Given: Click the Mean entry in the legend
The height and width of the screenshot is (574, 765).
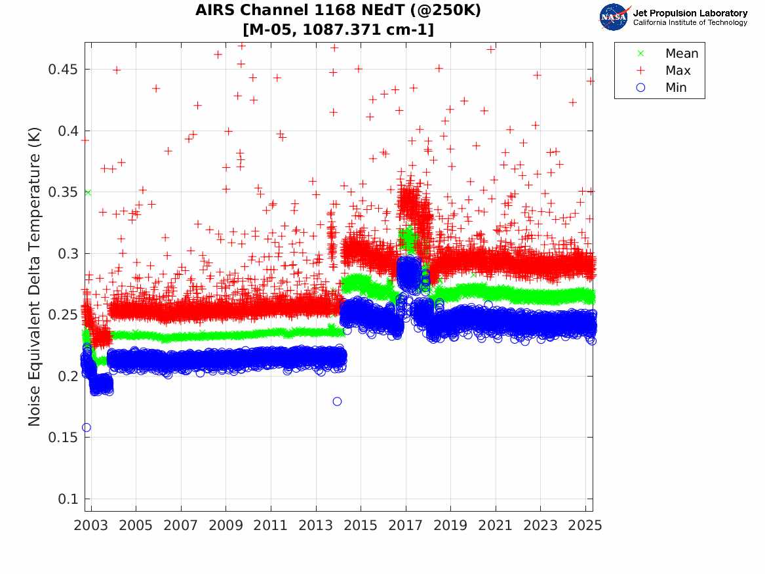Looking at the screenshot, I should click(x=681, y=53).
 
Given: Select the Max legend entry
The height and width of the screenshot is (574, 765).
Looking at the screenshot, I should click(x=677, y=70).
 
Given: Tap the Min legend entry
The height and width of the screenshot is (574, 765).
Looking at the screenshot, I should click(x=676, y=87).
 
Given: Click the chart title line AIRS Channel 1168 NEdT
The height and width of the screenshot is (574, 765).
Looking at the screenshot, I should click(x=338, y=11).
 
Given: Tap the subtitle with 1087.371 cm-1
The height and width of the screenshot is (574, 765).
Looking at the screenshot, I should click(x=338, y=30).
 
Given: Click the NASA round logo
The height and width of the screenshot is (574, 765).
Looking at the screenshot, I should click(x=614, y=17).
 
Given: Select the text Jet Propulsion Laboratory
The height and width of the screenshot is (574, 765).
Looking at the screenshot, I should click(x=690, y=12).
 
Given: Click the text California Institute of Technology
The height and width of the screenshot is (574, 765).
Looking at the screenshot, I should click(x=690, y=23).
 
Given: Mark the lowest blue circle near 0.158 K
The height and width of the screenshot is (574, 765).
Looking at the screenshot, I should click(x=86, y=428).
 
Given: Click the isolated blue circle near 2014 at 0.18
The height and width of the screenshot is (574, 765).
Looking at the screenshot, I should click(x=337, y=401).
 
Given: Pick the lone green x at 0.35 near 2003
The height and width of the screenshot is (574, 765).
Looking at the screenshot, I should click(x=88, y=192).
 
